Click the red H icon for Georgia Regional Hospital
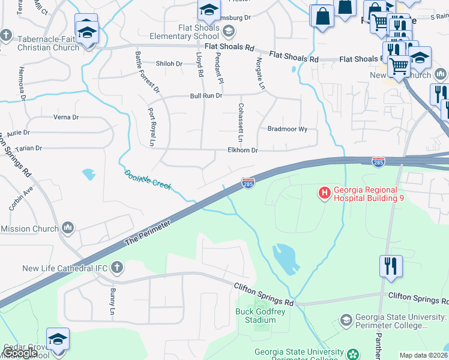coord(324,193)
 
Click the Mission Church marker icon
coord(68,228)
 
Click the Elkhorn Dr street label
coord(242,151)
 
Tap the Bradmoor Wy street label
coord(287,129)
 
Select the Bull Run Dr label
coord(206,96)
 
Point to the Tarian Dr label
coord(29,148)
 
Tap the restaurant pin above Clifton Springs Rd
coord(391,266)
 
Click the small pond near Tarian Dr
coord(89,174)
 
